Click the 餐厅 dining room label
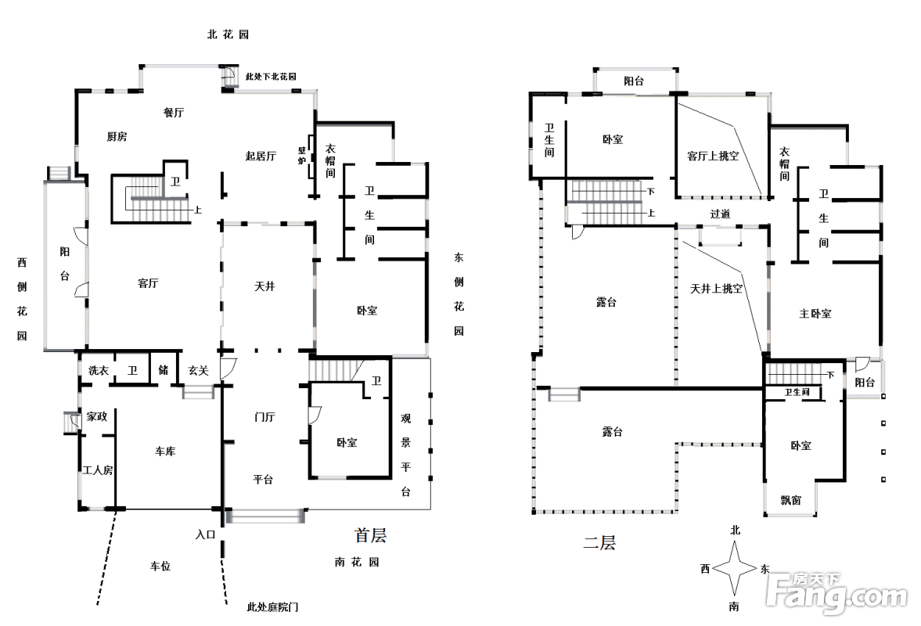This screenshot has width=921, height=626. (174, 113)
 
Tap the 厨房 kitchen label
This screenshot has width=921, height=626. (117, 137)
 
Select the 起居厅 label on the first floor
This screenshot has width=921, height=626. (261, 156)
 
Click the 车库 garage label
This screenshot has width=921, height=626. (164, 452)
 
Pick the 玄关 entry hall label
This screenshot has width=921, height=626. (198, 371)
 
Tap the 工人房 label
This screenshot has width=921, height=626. (98, 470)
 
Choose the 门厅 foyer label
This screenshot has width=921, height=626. (264, 417)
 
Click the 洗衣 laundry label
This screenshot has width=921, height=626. (98, 371)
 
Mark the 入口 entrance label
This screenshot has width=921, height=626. (205, 535)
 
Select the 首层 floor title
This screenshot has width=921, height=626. (370, 536)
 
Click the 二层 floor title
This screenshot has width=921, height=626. (599, 542)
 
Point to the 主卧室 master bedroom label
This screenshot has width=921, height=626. (815, 314)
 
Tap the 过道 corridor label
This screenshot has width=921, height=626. (720, 214)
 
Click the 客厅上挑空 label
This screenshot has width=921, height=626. (713, 156)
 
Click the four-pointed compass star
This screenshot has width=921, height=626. (735, 569)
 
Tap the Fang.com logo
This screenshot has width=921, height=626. (837, 594)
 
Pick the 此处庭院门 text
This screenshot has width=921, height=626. (272, 606)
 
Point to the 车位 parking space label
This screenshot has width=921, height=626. (160, 566)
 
